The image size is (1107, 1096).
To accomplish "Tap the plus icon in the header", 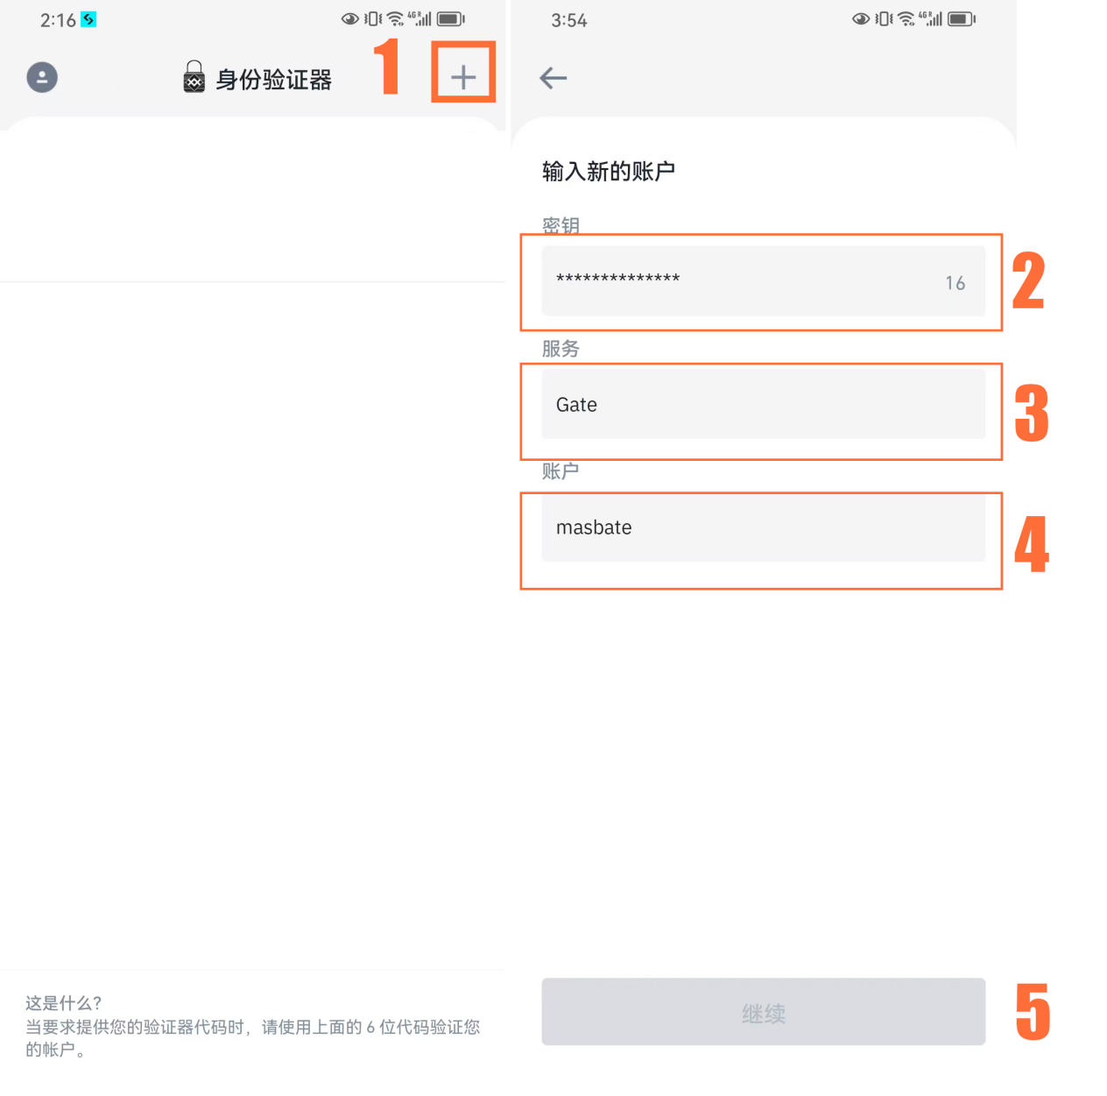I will [x=463, y=77].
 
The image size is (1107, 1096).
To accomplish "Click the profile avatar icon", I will [x=42, y=77].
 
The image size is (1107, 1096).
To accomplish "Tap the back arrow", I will [x=553, y=78].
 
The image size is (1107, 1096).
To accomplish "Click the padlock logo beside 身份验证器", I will [x=194, y=78].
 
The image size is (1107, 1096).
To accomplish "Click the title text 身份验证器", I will [x=274, y=80].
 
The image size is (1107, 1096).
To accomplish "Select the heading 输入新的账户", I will [x=609, y=171].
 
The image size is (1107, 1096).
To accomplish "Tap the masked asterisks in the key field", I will [x=618, y=279].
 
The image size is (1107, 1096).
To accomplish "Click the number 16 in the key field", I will [x=955, y=283].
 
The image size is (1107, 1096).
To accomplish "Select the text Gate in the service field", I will [x=576, y=405].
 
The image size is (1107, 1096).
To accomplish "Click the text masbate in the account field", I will [x=594, y=527].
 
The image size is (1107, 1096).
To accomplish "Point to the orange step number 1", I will [x=387, y=67].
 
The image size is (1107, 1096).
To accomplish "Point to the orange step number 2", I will [x=1029, y=280].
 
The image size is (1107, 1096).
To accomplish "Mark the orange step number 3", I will [x=1032, y=412].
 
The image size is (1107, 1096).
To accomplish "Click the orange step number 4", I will [x=1032, y=544].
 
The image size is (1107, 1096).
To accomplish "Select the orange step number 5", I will [x=1033, y=1012].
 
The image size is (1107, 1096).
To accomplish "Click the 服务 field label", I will [x=561, y=349].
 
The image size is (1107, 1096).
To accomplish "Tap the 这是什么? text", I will [x=64, y=1003].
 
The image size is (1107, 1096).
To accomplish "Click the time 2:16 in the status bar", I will [x=58, y=20].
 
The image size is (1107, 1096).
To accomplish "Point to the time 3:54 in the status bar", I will [x=569, y=20].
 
